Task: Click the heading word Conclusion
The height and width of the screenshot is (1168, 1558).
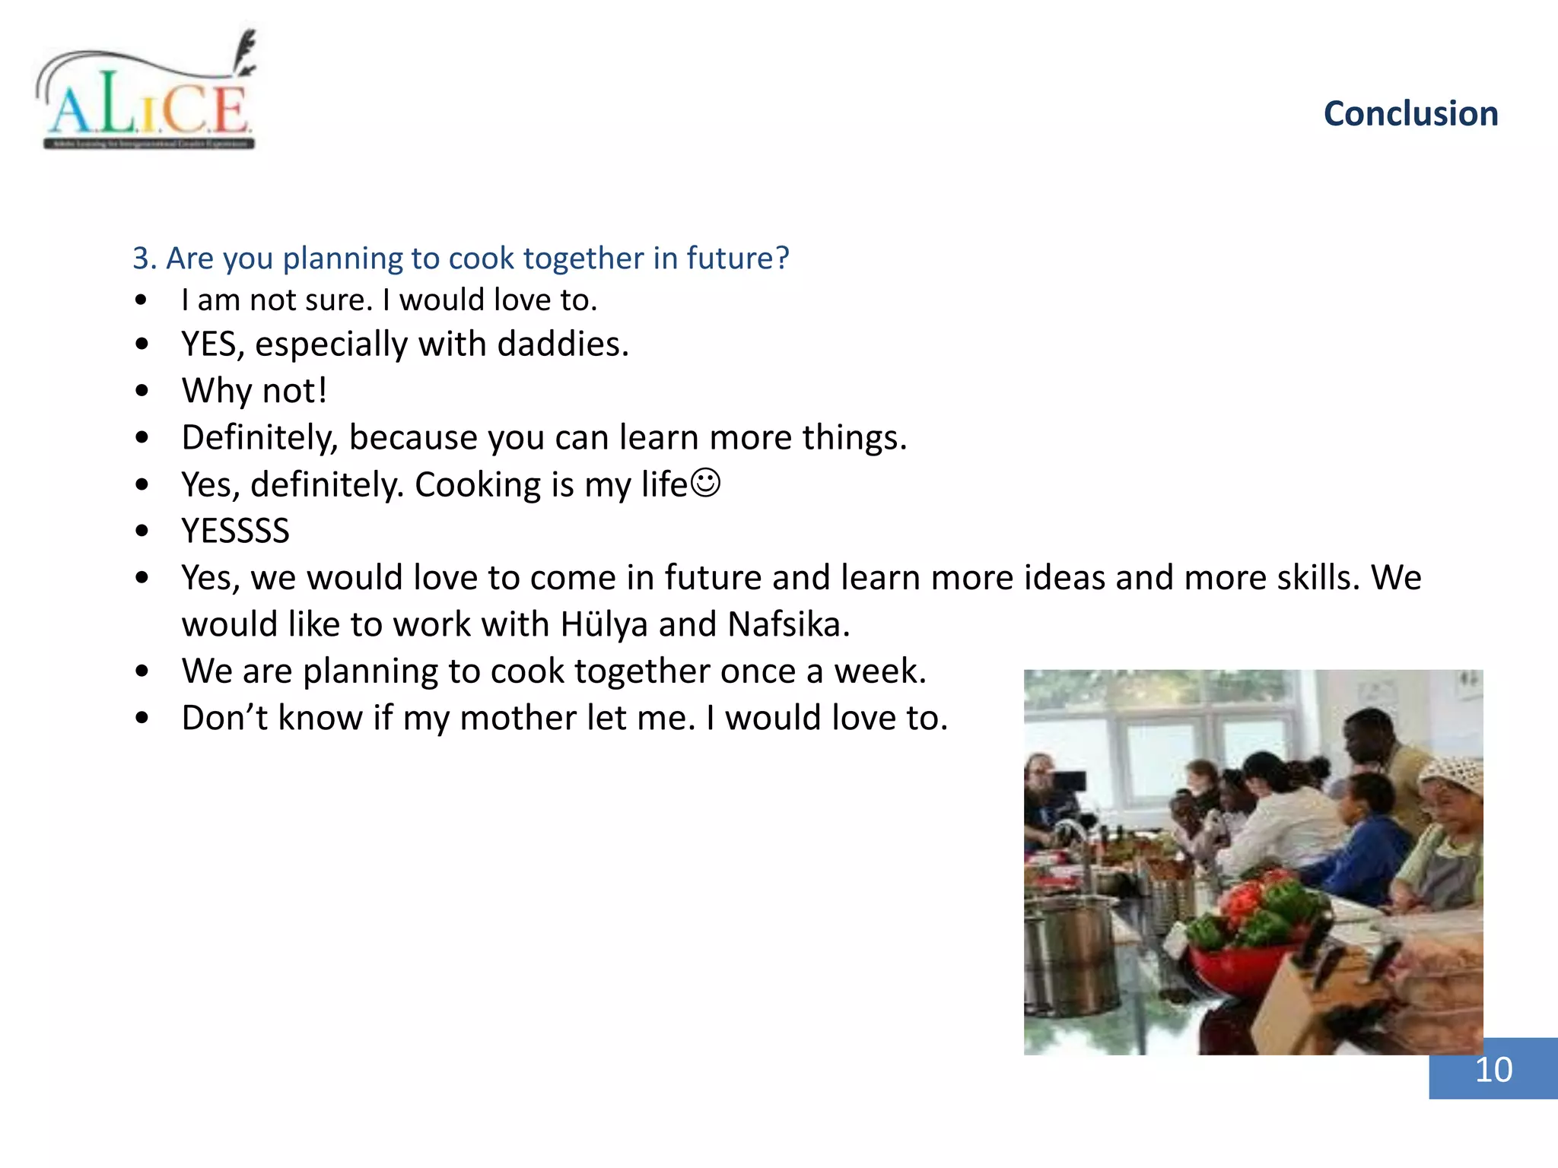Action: point(1410,114)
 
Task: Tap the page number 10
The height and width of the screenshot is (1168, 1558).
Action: point(1493,1070)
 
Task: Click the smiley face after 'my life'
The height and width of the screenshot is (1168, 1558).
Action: point(705,483)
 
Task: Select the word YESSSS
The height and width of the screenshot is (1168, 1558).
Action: point(235,531)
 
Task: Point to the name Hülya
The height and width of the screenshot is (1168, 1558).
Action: point(604,624)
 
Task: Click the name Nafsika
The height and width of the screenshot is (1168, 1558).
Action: point(787,624)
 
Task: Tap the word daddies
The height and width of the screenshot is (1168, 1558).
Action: point(562,344)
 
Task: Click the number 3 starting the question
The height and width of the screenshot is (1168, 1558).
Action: point(141,259)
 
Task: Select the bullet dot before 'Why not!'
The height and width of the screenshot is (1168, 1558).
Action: point(141,392)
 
